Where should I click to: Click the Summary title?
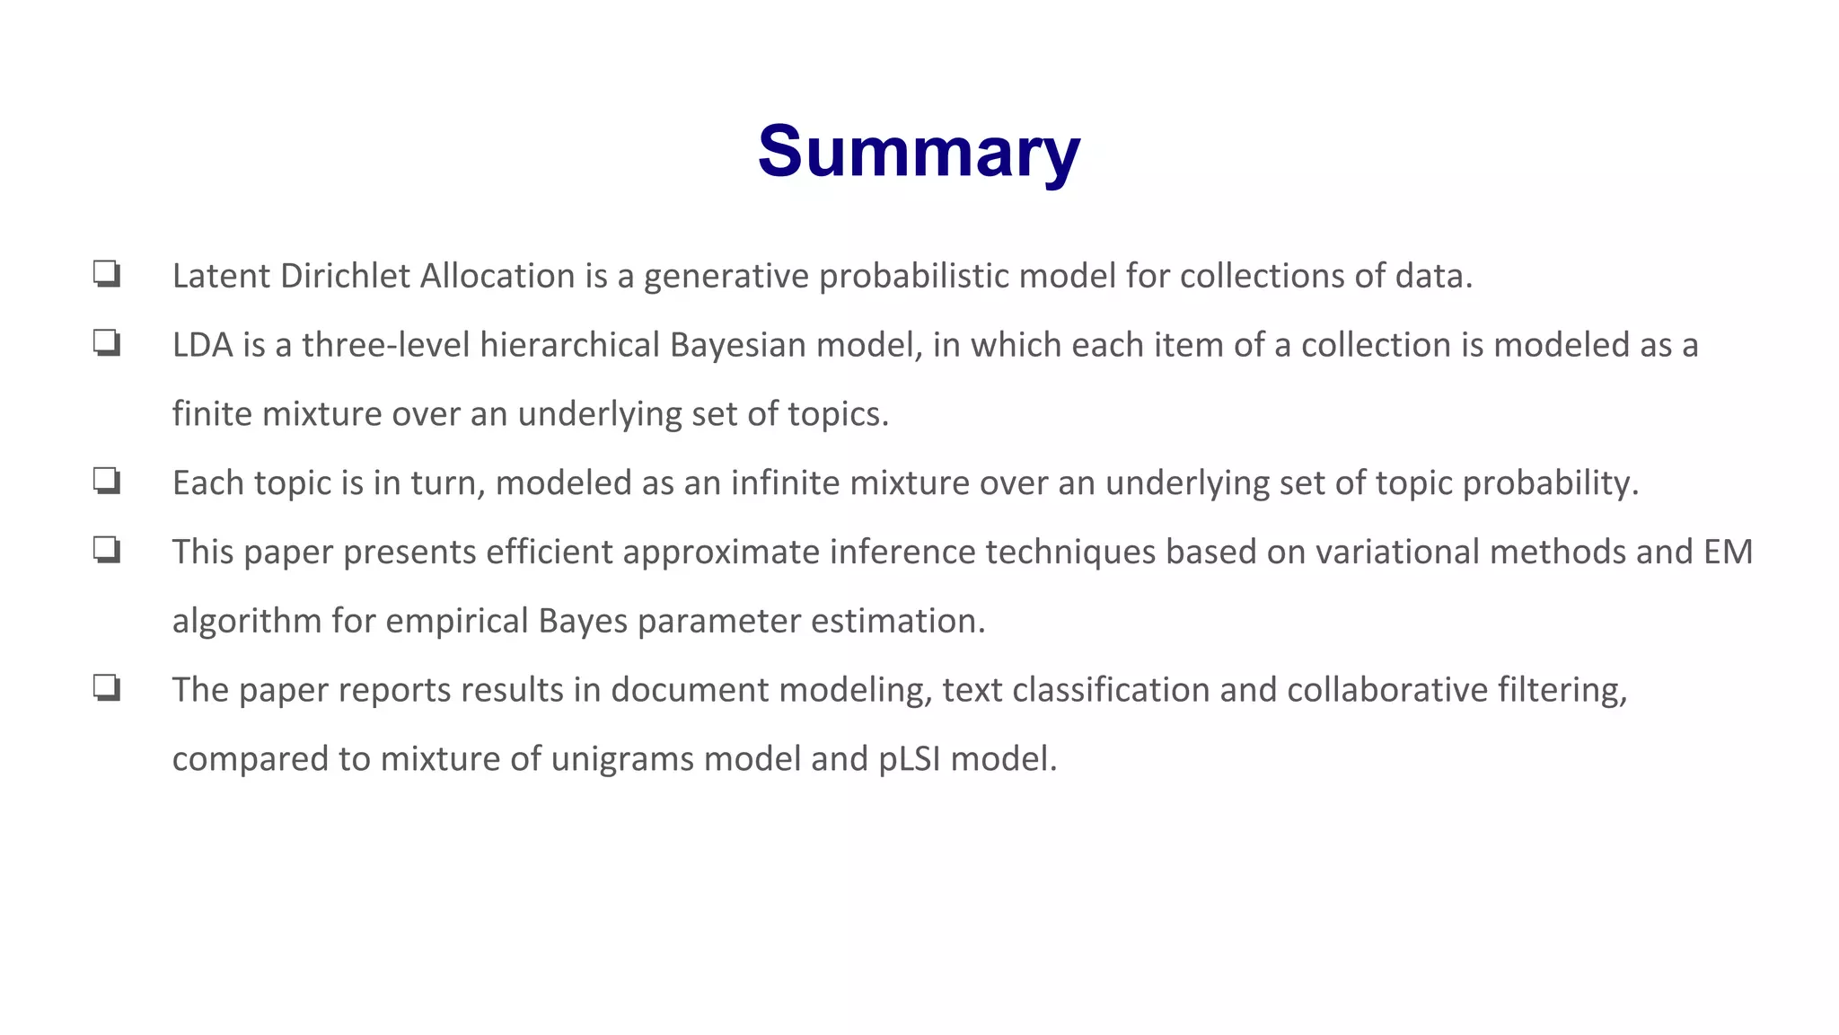tap(919, 152)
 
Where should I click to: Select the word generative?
tap(726, 277)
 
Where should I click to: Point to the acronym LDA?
tap(202, 345)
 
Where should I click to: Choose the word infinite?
tap(785, 483)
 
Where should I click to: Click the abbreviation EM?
tap(1728, 552)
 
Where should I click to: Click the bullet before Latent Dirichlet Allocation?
tap(107, 273)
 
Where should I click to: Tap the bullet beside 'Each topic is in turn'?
tap(107, 481)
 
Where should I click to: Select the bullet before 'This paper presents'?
tap(107, 549)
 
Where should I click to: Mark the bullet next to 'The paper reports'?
tap(107, 688)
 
